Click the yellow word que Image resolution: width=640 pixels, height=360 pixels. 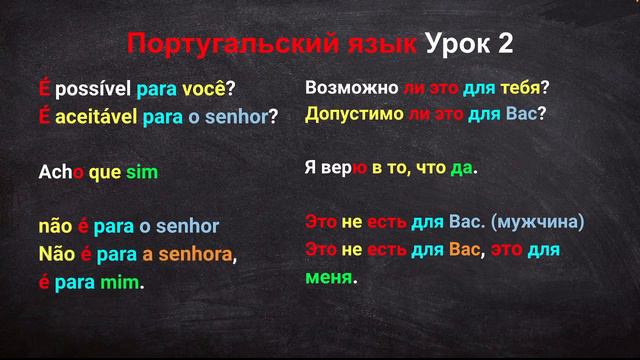pos(104,172)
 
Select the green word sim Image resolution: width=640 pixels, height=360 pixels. pos(142,172)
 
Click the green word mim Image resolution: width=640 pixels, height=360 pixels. pos(119,282)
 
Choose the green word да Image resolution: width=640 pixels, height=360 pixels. pos(461,168)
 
